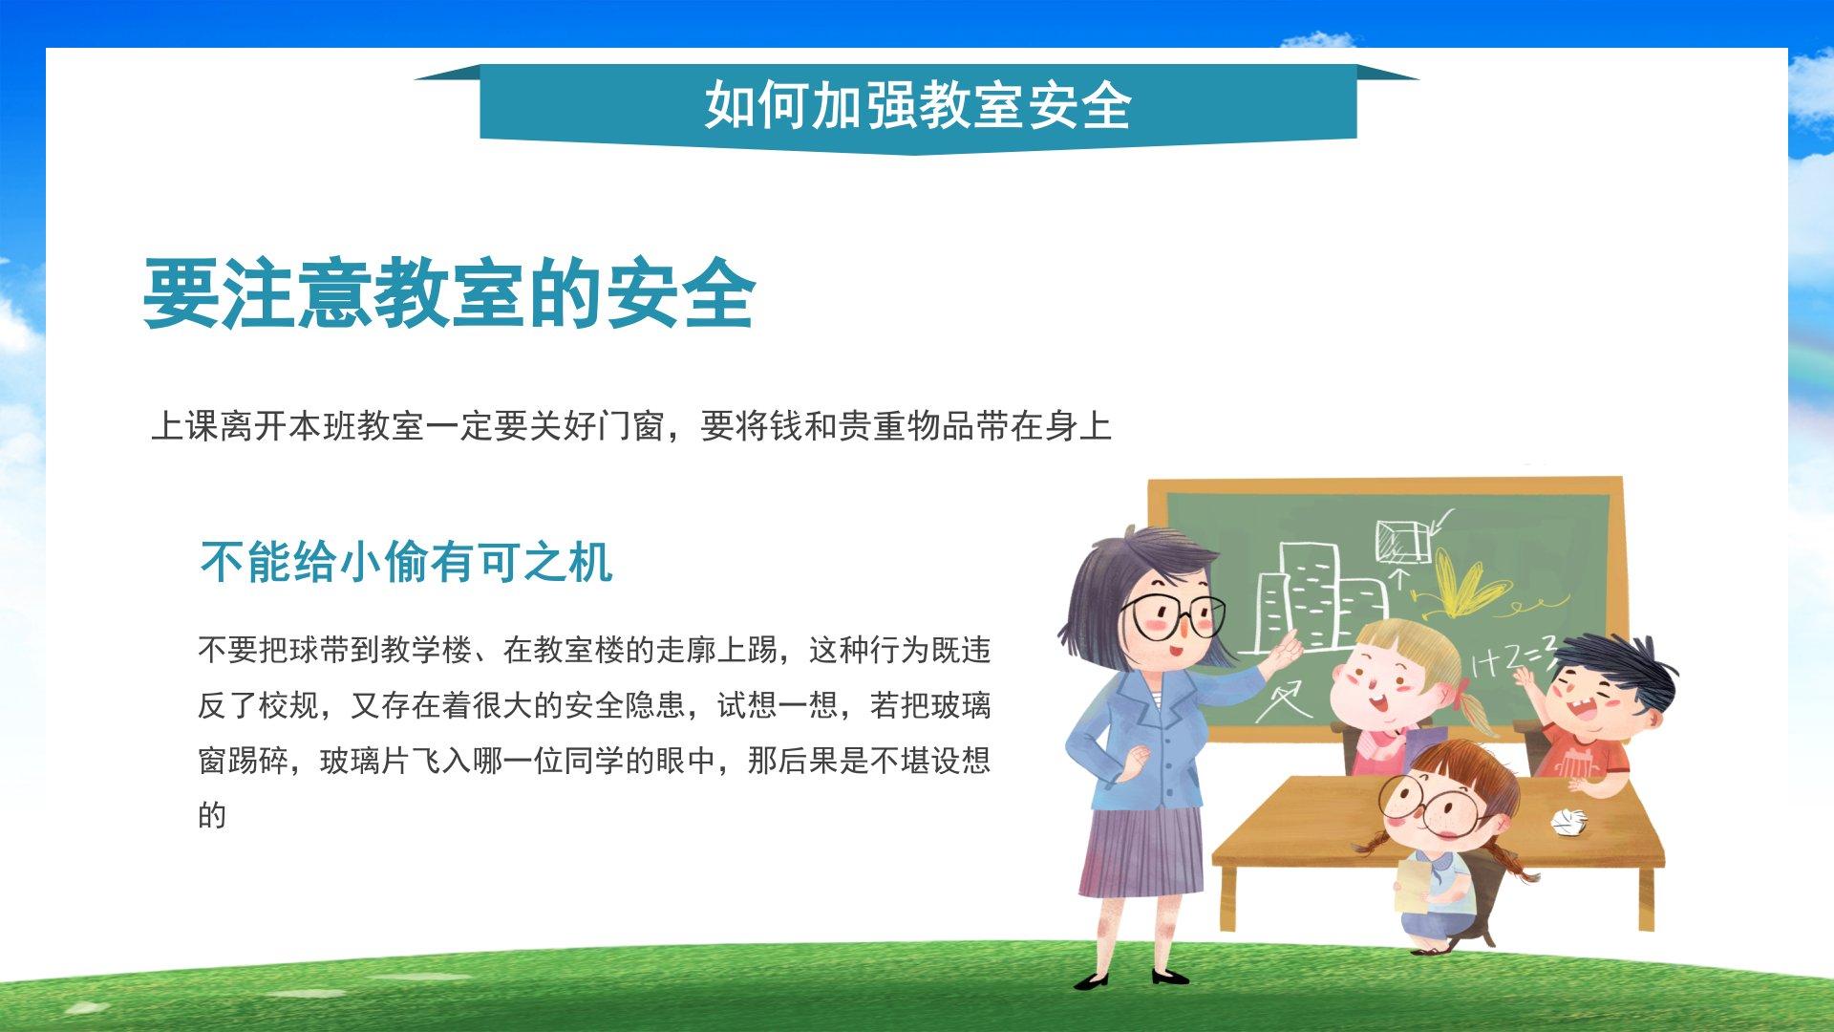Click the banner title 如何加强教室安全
[x=918, y=104]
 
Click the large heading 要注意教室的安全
[x=449, y=293]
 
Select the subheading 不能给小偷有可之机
[x=406, y=562]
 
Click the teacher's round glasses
[x=1173, y=616]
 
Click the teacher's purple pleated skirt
[x=1141, y=850]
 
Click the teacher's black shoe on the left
[x=1093, y=980]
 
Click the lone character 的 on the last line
[x=212, y=815]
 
